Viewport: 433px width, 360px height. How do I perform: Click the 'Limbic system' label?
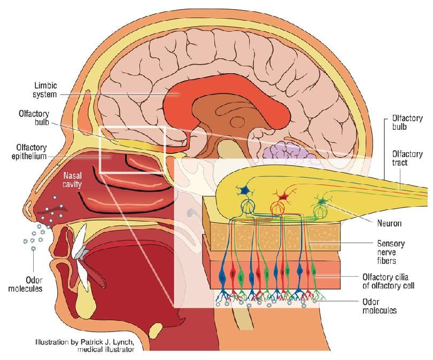[45, 90]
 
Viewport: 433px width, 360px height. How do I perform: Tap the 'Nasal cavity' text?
[73, 180]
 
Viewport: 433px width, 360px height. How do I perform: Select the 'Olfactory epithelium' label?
[29, 152]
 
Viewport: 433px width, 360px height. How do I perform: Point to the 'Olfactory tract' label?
[407, 158]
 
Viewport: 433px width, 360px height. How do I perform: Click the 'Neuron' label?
[389, 223]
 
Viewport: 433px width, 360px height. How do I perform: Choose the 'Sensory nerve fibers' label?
[391, 252]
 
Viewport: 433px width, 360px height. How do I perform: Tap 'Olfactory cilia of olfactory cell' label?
[388, 281]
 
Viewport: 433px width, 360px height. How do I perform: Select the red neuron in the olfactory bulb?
[283, 197]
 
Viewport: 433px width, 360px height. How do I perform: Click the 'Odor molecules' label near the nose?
[26, 284]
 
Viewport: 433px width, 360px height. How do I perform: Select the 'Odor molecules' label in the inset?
[380, 306]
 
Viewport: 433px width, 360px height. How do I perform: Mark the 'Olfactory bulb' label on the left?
[34, 118]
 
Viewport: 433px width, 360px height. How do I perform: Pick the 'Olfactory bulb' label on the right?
[407, 122]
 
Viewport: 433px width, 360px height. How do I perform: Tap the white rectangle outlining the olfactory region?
[99, 150]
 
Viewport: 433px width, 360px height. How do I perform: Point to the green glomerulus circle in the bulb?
[320, 211]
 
